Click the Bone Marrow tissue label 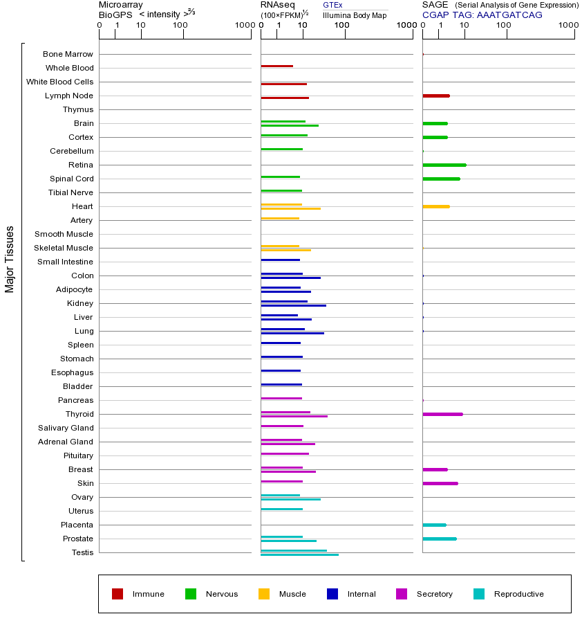click(x=68, y=54)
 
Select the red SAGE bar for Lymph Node click(x=435, y=96)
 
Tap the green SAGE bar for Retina click(x=444, y=165)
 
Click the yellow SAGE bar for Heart click(x=435, y=206)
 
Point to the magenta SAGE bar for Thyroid click(x=442, y=414)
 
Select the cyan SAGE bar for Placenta click(x=434, y=525)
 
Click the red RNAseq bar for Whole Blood click(x=276, y=66)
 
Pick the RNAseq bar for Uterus click(x=281, y=509)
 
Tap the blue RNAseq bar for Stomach click(x=281, y=356)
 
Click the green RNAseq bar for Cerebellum click(x=281, y=149)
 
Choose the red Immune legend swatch click(x=118, y=594)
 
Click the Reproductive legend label click(x=518, y=594)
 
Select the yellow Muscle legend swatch click(x=264, y=594)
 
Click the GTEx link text click(x=332, y=5)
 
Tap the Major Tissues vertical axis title click(x=10, y=259)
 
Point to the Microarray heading click(x=121, y=5)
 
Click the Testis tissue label click(x=82, y=552)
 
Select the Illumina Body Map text click(x=355, y=15)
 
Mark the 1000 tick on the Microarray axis click(x=244, y=26)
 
